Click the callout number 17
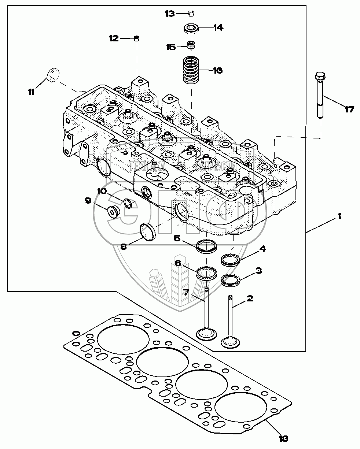(x=349, y=109)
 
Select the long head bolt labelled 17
(x=319, y=95)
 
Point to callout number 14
(x=218, y=28)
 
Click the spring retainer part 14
(x=191, y=28)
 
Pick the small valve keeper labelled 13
(x=191, y=14)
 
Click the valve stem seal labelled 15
(x=191, y=46)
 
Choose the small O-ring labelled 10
(x=128, y=203)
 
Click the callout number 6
(x=178, y=263)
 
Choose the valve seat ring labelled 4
(x=230, y=260)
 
